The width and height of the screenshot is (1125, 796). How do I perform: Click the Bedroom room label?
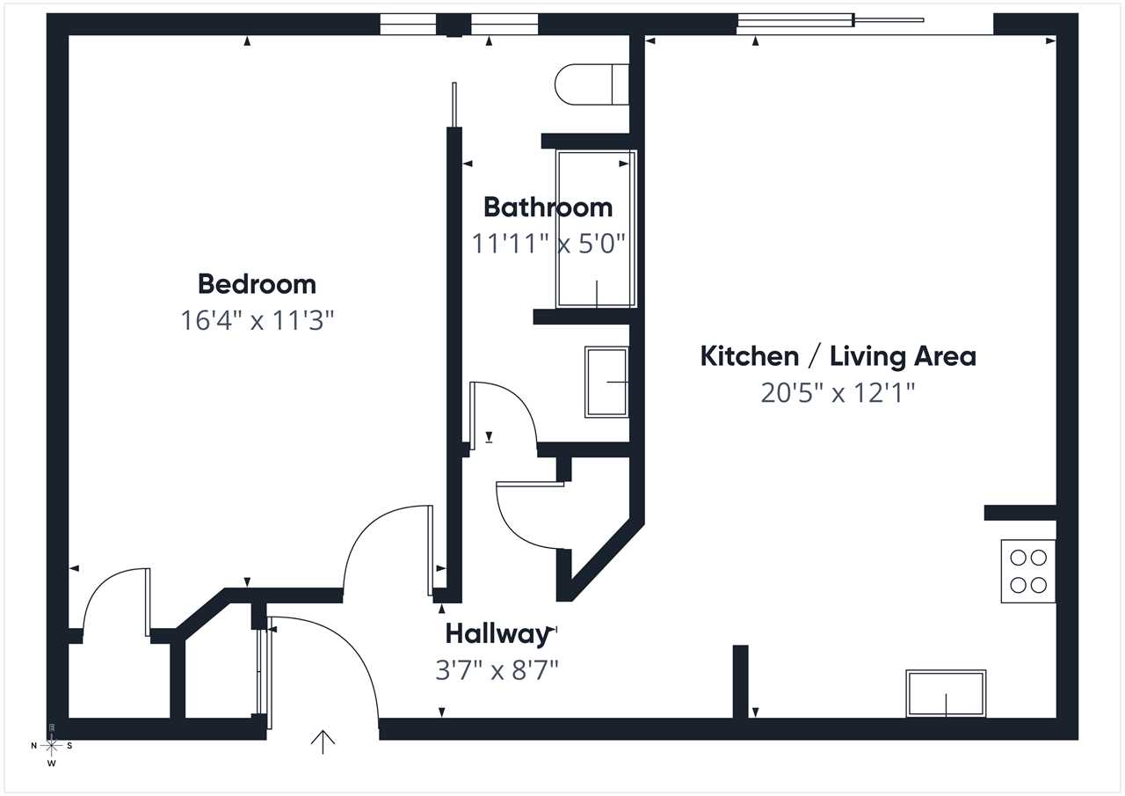tap(257, 284)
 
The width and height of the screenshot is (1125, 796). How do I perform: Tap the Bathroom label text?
tap(548, 208)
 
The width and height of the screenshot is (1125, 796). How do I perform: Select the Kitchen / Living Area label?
tap(838, 356)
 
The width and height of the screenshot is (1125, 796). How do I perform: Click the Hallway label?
tap(497, 635)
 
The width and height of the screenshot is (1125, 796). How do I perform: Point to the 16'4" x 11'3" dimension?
tap(257, 320)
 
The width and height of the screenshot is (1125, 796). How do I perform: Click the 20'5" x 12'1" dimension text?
tap(838, 392)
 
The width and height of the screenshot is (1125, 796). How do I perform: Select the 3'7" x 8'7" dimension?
tap(497, 670)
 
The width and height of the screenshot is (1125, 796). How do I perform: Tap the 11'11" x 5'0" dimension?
tap(548, 244)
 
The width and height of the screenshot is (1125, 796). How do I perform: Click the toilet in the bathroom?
tap(592, 84)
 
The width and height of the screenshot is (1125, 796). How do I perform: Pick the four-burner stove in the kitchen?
tap(1028, 571)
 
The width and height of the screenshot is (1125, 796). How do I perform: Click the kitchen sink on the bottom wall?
tap(946, 693)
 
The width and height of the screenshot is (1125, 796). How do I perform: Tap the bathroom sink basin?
tap(606, 382)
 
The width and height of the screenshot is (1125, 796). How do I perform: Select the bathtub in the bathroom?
tap(596, 229)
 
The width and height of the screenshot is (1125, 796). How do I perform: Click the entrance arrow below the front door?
tap(323, 742)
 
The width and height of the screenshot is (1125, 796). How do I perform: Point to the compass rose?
tap(51, 746)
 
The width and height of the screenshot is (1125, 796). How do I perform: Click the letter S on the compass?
tap(69, 746)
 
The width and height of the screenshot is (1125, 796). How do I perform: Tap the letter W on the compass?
tap(51, 763)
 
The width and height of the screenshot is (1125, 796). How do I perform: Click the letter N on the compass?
tap(33, 746)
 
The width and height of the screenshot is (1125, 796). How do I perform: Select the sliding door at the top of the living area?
tap(831, 20)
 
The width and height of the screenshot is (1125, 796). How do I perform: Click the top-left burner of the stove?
tap(1018, 558)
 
